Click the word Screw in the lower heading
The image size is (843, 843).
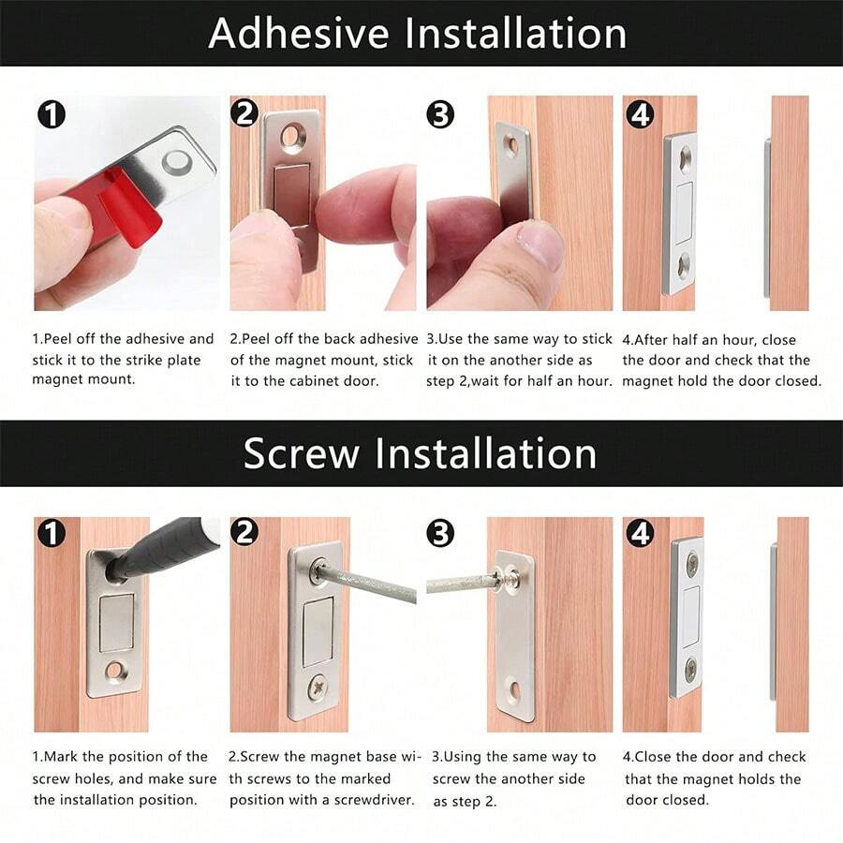click(x=301, y=453)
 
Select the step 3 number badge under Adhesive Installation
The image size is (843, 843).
click(x=439, y=114)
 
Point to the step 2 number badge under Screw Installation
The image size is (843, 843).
click(x=244, y=532)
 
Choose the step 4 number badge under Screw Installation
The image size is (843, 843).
click(x=640, y=533)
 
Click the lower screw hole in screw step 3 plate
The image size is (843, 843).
click(x=514, y=690)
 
